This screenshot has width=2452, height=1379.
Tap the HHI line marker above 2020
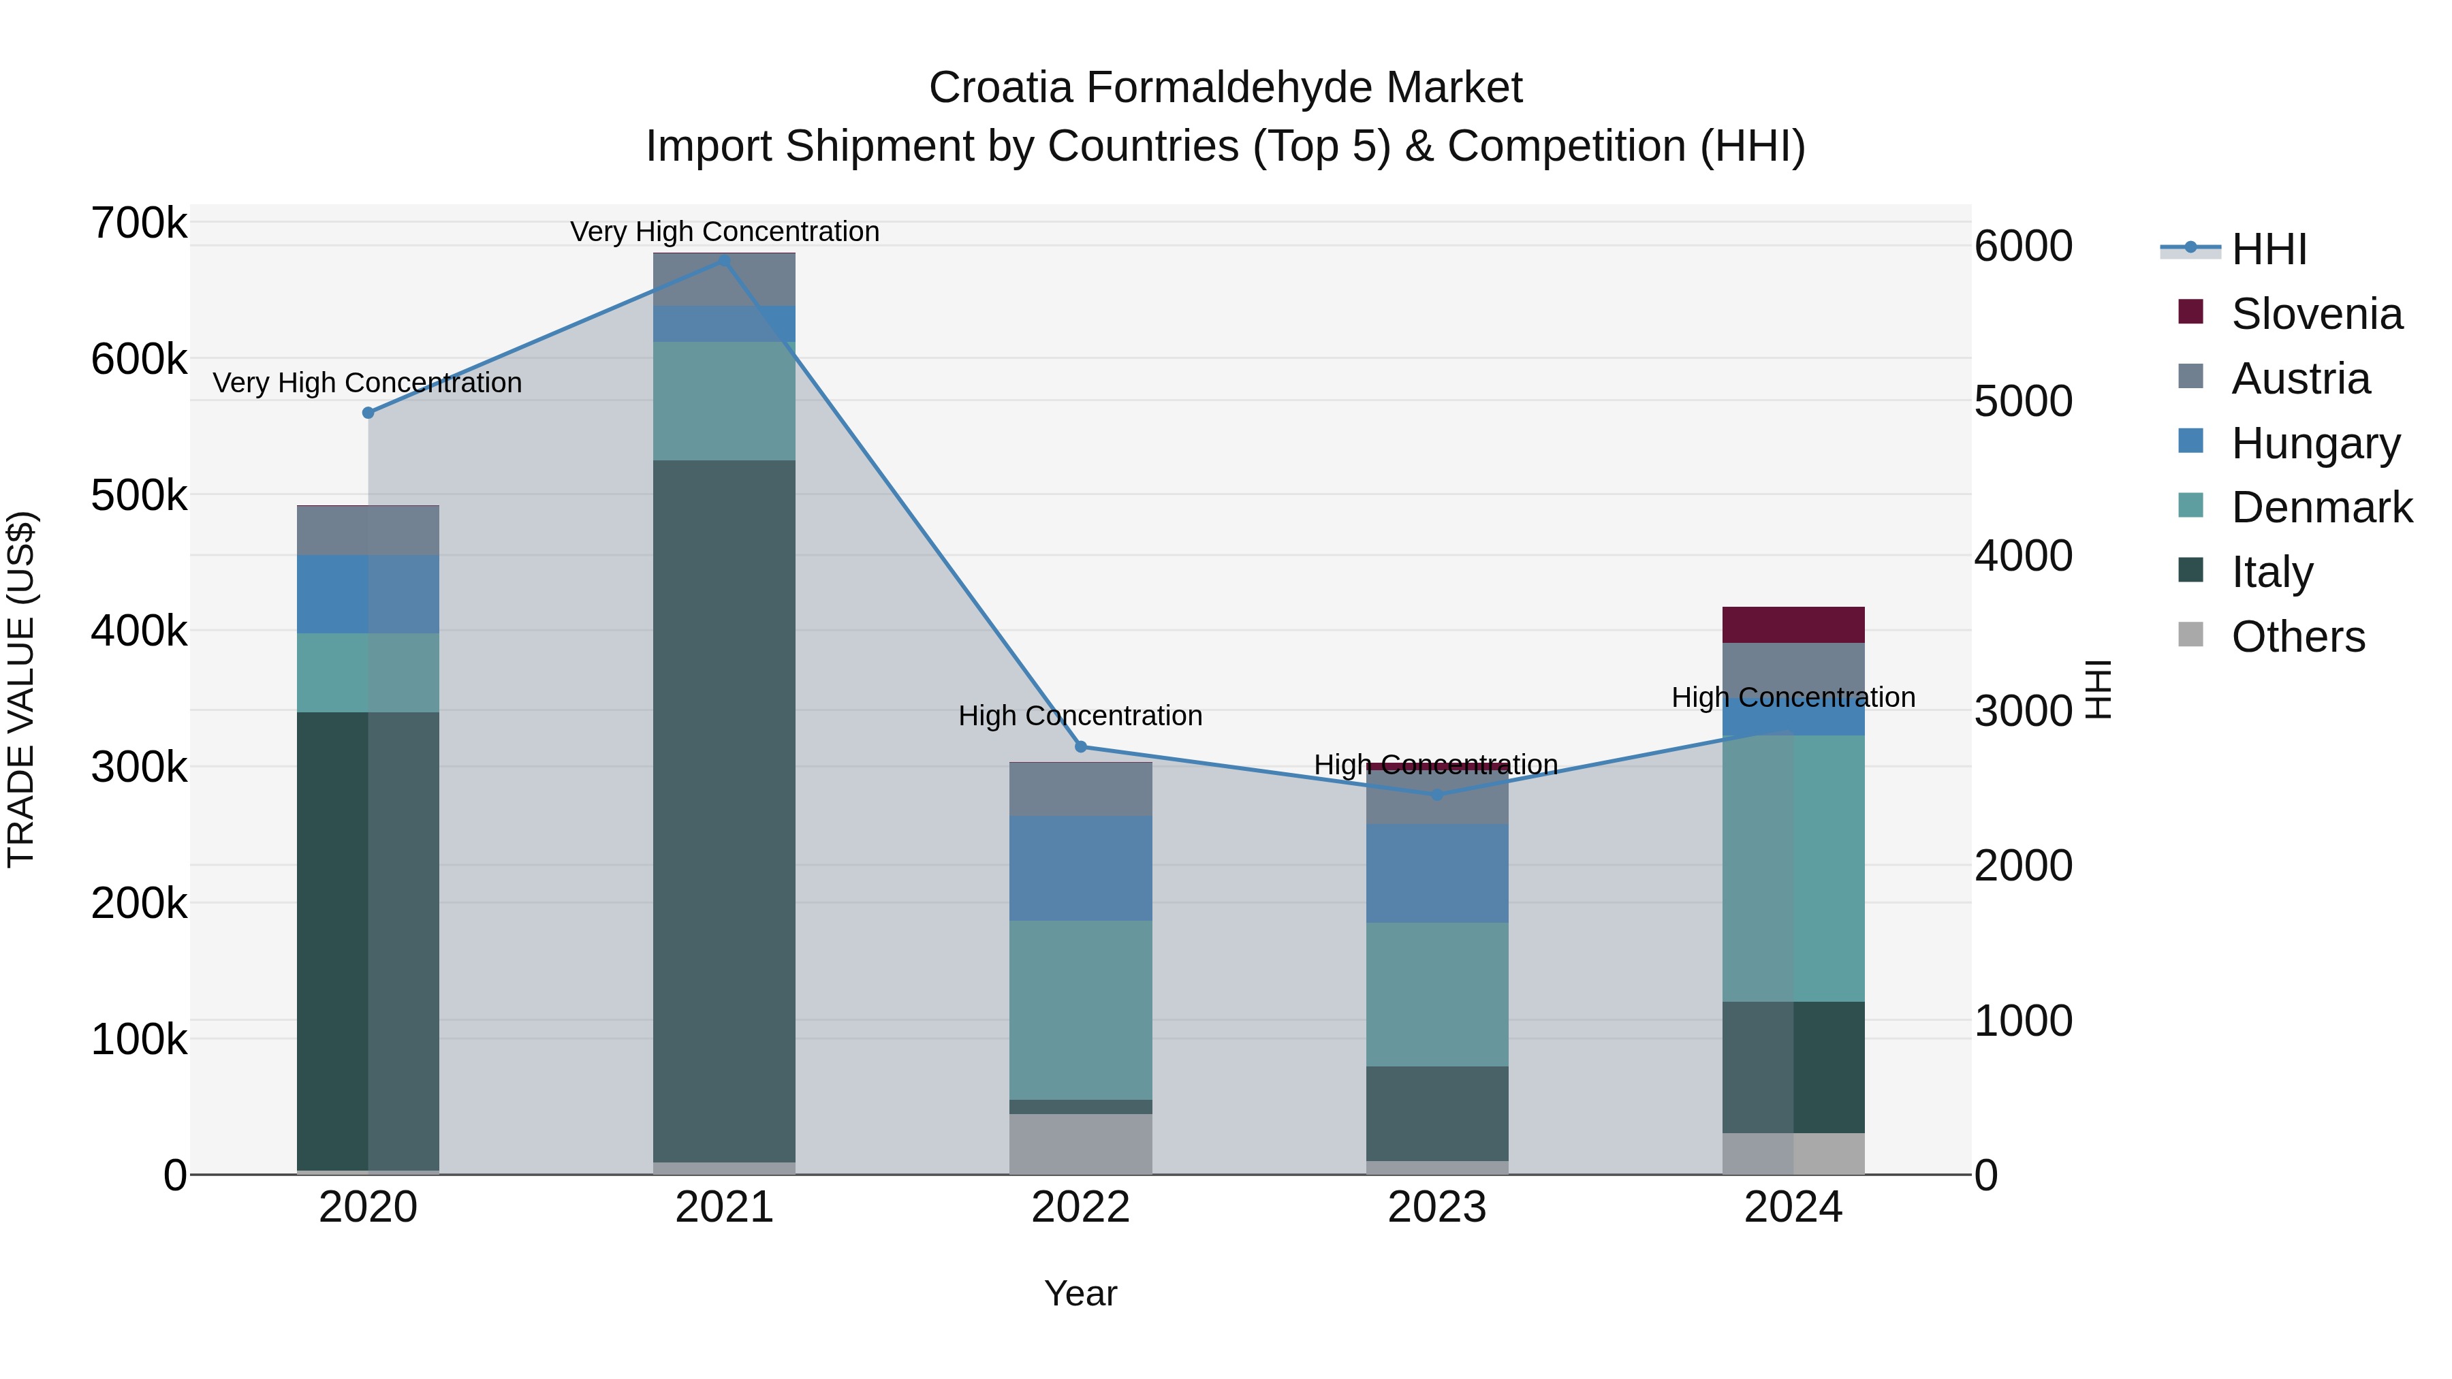point(368,413)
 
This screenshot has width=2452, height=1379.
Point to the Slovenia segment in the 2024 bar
point(1793,624)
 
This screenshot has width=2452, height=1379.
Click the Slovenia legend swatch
point(2190,312)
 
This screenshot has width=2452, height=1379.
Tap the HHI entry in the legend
point(2268,249)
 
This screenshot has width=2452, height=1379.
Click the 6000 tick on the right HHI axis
point(2023,246)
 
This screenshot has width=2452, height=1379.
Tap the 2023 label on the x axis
point(1436,1207)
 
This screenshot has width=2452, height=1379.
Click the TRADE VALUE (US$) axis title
point(21,689)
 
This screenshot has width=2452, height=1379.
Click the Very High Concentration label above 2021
point(725,232)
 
